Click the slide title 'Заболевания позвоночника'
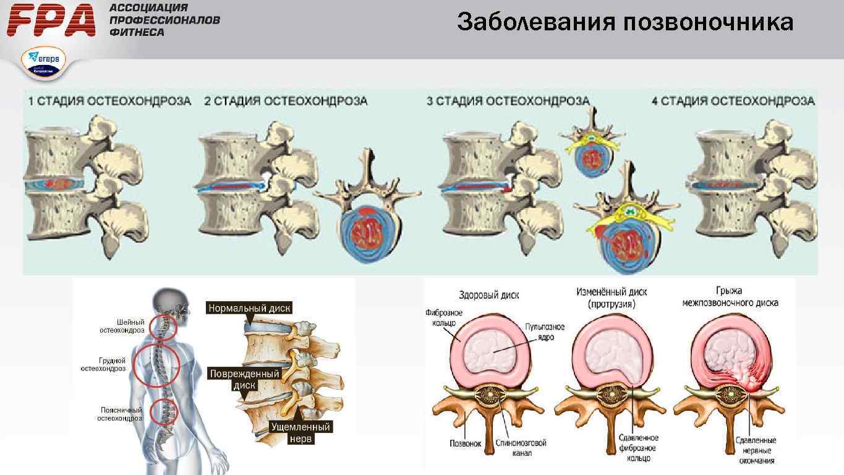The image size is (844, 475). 625,23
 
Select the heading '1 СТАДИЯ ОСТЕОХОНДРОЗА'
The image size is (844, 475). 109,101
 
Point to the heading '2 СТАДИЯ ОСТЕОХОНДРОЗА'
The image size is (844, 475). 286,101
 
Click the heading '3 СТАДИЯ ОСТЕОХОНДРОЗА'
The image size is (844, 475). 508,101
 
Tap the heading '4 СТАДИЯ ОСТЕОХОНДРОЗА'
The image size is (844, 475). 733,101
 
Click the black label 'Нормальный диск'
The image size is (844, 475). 249,308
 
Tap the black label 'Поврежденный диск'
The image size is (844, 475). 245,379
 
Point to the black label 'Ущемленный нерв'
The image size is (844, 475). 301,433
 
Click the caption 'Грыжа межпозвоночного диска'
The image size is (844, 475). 730,296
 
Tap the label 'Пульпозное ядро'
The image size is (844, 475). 544,332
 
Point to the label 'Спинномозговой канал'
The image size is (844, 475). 521,448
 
